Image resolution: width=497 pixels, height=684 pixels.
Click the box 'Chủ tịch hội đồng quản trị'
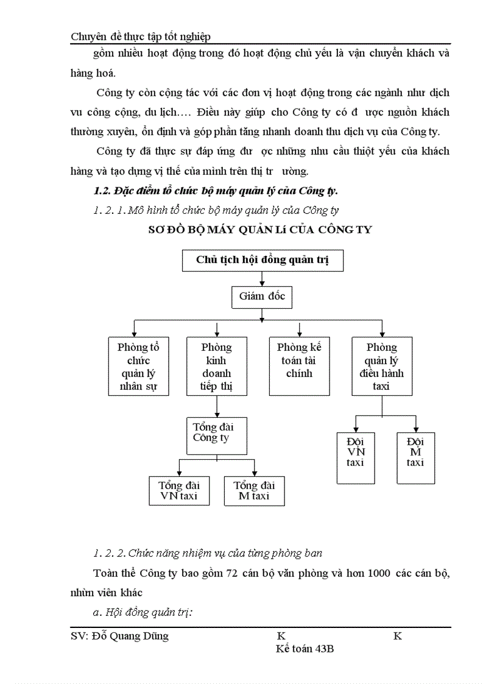[x=263, y=260]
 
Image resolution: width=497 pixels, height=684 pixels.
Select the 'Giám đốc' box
[x=262, y=297]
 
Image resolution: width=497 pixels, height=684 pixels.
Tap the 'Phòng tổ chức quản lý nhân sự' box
[x=138, y=366]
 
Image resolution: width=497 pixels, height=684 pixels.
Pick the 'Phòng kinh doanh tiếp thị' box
[x=216, y=366]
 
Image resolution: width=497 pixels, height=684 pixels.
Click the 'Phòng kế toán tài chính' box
[x=299, y=366]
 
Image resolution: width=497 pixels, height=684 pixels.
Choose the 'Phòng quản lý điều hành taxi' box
[x=382, y=366]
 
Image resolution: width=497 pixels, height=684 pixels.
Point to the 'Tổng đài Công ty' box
[x=216, y=435]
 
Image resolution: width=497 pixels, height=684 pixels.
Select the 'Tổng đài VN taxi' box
[x=179, y=491]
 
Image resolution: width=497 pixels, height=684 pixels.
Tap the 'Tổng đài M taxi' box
[x=254, y=491]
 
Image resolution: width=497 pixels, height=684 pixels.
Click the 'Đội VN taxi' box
[x=355, y=457]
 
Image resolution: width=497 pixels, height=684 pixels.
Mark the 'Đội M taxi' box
[x=415, y=457]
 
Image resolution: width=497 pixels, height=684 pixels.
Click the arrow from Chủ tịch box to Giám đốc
[x=262, y=278]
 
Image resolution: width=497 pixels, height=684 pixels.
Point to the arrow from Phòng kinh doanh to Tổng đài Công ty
[x=217, y=406]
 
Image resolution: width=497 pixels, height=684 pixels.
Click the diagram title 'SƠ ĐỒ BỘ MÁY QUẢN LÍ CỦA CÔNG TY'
[x=260, y=230]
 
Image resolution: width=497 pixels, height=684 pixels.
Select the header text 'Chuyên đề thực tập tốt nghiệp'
[x=141, y=37]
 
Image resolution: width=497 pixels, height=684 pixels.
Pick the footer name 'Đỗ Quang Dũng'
[x=129, y=636]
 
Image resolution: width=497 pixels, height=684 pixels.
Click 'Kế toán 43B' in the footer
[x=305, y=649]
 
